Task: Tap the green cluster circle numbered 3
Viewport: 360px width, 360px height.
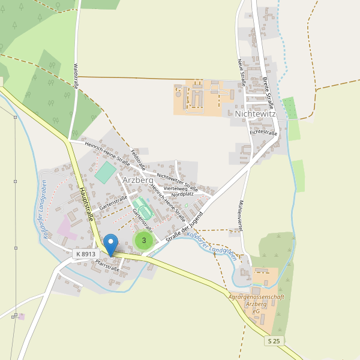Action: [x=143, y=241]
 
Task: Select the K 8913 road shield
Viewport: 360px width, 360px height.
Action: [x=86, y=254]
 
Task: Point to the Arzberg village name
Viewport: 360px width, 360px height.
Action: [x=138, y=179]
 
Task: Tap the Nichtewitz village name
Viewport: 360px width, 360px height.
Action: [x=256, y=113]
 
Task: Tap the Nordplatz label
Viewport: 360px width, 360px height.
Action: [x=182, y=194]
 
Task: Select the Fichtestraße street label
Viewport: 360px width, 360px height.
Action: [x=263, y=132]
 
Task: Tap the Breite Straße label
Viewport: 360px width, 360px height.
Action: [x=268, y=88]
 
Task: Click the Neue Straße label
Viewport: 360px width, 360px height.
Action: [x=242, y=71]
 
